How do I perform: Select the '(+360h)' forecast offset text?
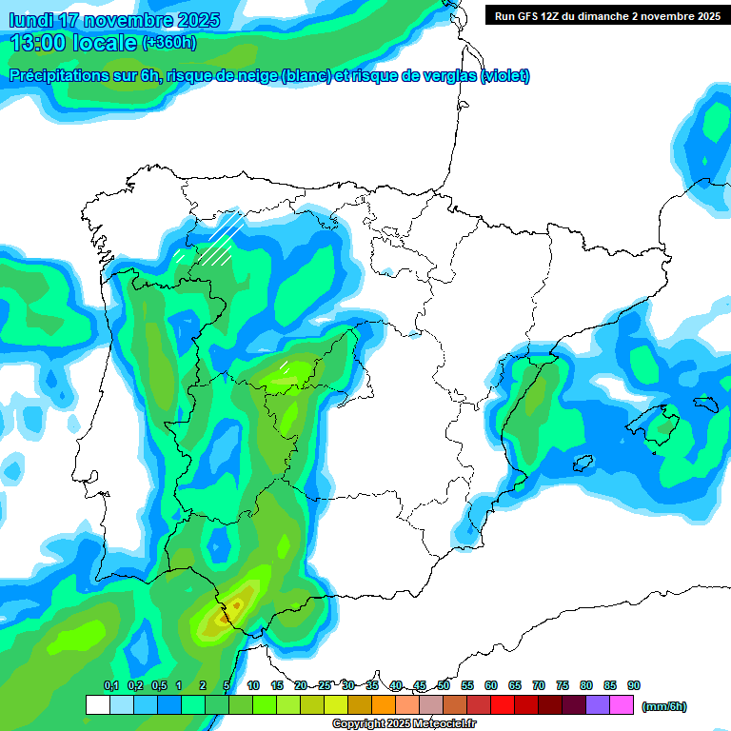pos(168,43)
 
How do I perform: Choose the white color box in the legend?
pos(97,705)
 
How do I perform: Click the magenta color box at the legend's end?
pos(622,705)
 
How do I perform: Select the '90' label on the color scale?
pos(634,686)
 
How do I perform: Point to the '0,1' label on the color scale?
pos(111,686)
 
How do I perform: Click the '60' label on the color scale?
pos(491,686)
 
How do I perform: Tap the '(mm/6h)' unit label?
pos(663,706)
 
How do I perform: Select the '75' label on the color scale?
pos(563,686)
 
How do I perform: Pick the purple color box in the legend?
pos(598,705)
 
